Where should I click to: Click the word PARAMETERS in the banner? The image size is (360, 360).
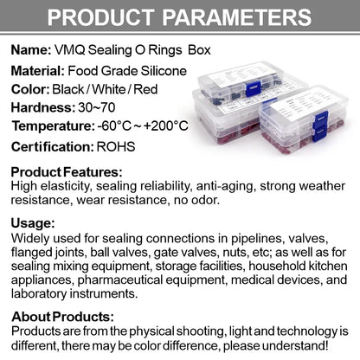point(237,17)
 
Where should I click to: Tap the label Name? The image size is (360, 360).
point(31,50)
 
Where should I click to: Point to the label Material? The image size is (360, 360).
point(37,71)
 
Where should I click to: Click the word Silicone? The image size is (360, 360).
point(164,71)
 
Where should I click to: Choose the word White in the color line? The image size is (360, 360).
point(108,89)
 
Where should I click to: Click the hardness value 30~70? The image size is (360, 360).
point(97,107)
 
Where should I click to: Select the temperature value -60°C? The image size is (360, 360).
point(114,125)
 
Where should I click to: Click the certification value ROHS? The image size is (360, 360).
point(116,147)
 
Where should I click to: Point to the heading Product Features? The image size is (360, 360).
point(67,172)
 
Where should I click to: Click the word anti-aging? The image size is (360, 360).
point(226,186)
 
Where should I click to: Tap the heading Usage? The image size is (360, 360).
point(33,223)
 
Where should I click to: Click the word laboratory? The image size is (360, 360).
point(39,293)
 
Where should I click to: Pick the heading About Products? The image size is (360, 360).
point(62,317)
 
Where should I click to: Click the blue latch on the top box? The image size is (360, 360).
point(254,89)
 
